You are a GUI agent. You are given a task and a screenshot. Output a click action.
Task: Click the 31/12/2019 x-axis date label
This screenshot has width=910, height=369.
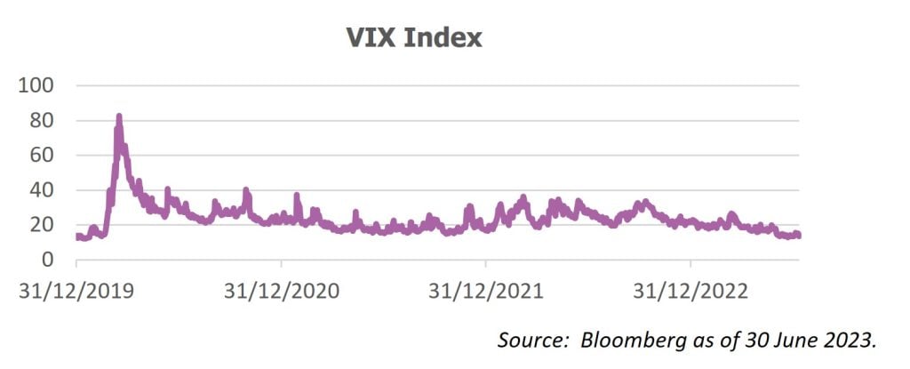point(76,290)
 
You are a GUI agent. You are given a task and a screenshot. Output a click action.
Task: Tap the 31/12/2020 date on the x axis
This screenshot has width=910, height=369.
point(281,290)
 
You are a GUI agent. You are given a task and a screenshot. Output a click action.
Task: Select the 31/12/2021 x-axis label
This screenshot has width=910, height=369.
point(486,290)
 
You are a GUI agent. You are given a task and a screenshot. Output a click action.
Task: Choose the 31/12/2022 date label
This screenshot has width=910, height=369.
point(690,290)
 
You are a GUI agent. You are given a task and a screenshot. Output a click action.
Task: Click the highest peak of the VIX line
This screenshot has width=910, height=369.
point(118,116)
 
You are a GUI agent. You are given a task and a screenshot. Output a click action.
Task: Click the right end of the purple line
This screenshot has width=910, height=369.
point(799,235)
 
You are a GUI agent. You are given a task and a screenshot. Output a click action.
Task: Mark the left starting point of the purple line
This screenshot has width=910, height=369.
point(77,237)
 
